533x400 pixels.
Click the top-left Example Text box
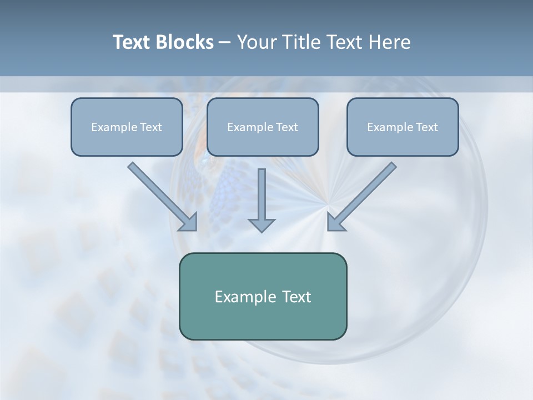[x=127, y=127]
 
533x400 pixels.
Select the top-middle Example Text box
[x=263, y=127]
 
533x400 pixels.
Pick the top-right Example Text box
[x=403, y=127]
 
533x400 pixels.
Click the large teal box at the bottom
[x=263, y=296]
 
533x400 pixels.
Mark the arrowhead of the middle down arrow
[x=262, y=225]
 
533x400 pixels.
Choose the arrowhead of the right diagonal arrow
[x=335, y=222]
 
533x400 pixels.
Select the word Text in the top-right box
[x=426, y=127]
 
